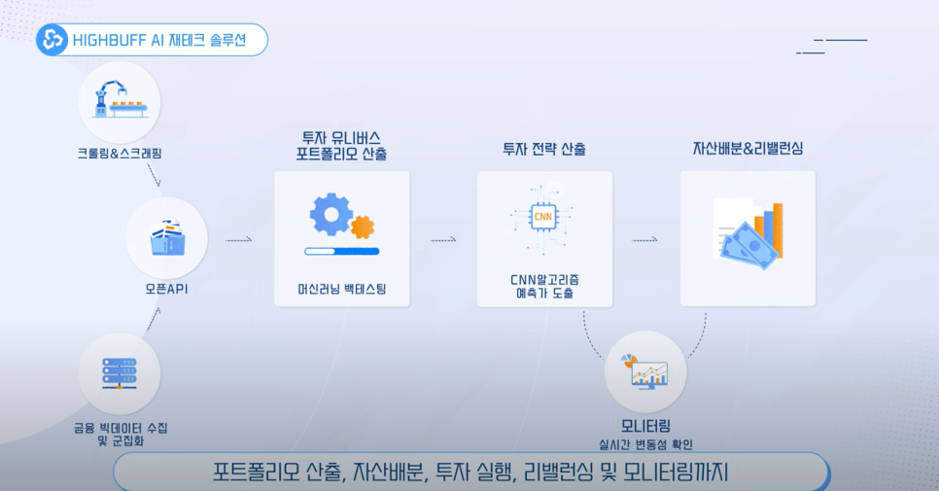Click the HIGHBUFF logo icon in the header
[x=51, y=40]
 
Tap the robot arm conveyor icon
[x=119, y=101]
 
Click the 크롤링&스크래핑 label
[x=119, y=154]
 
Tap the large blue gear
[x=330, y=214]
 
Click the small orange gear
[x=362, y=228]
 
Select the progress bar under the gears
[x=341, y=252]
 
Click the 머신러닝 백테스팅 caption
[x=341, y=289]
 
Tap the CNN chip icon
[x=544, y=216]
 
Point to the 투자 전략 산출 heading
[x=544, y=150]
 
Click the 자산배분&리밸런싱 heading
[x=748, y=149]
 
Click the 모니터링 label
[x=645, y=426]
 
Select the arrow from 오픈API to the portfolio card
[x=239, y=239]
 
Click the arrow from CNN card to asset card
[x=644, y=239]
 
